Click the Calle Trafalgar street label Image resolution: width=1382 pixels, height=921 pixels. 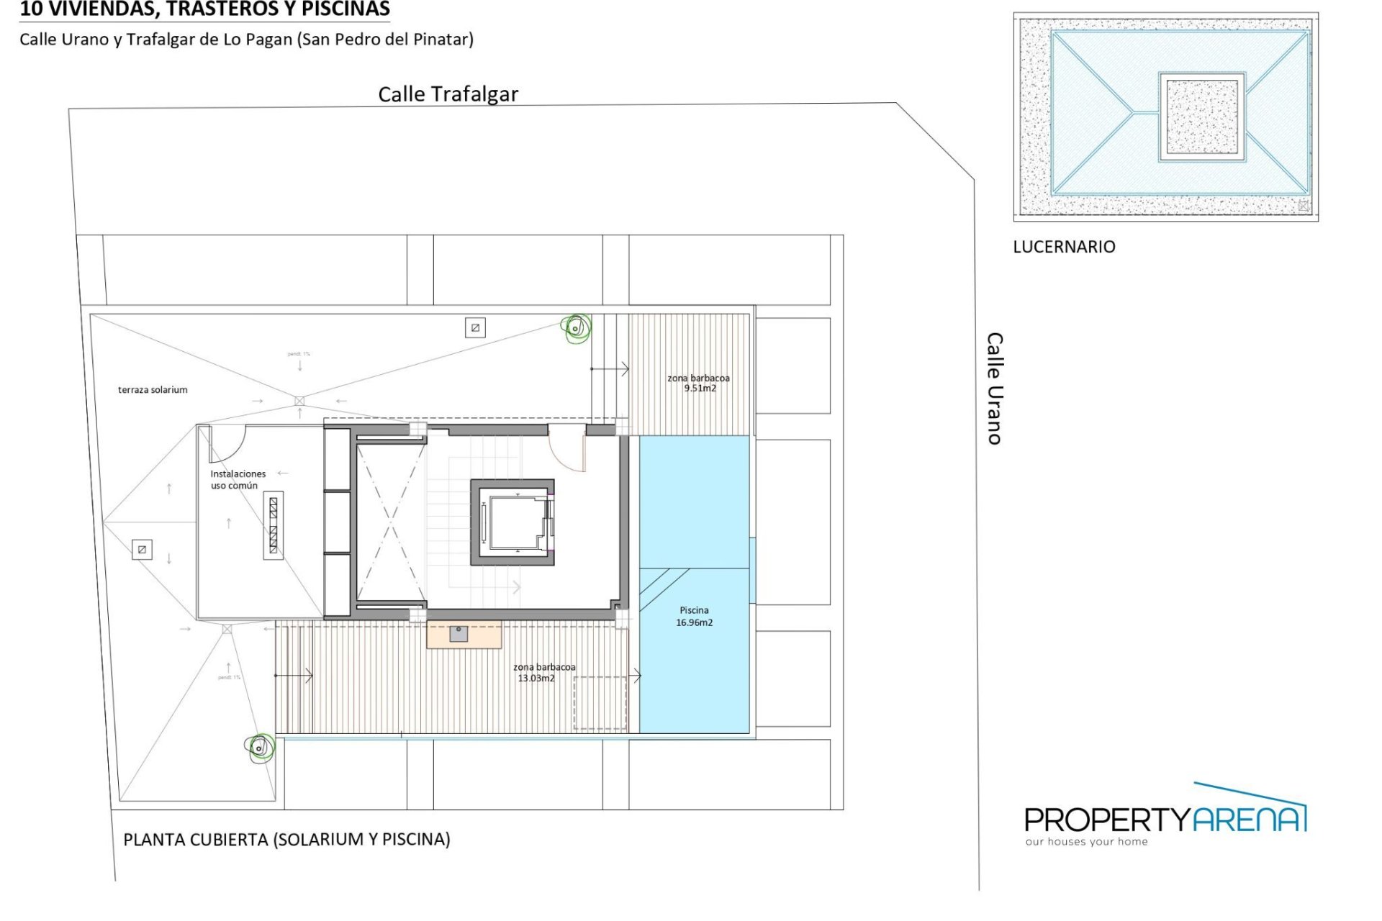448,94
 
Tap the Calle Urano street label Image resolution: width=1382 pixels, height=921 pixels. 994,389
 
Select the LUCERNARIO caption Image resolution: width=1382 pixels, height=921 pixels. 1064,247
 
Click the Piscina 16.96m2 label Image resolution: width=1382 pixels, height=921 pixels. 694,617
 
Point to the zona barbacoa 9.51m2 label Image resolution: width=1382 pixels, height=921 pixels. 698,383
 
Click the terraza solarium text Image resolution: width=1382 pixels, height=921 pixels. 153,390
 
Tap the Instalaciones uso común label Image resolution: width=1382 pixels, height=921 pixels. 238,480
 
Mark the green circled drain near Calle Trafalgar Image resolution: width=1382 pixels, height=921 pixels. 576,329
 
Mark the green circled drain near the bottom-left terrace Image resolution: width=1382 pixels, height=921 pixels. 260,748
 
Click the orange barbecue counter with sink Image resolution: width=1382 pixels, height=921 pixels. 464,635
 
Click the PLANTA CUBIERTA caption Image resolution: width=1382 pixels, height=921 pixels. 286,840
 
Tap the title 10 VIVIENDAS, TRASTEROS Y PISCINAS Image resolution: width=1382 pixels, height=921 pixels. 204,9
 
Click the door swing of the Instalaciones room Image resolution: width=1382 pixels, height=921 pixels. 226,443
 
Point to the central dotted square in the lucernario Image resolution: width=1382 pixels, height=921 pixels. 1201,116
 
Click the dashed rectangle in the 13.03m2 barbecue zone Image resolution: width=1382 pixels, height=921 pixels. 600,703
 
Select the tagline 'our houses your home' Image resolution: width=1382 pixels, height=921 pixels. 1086,842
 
